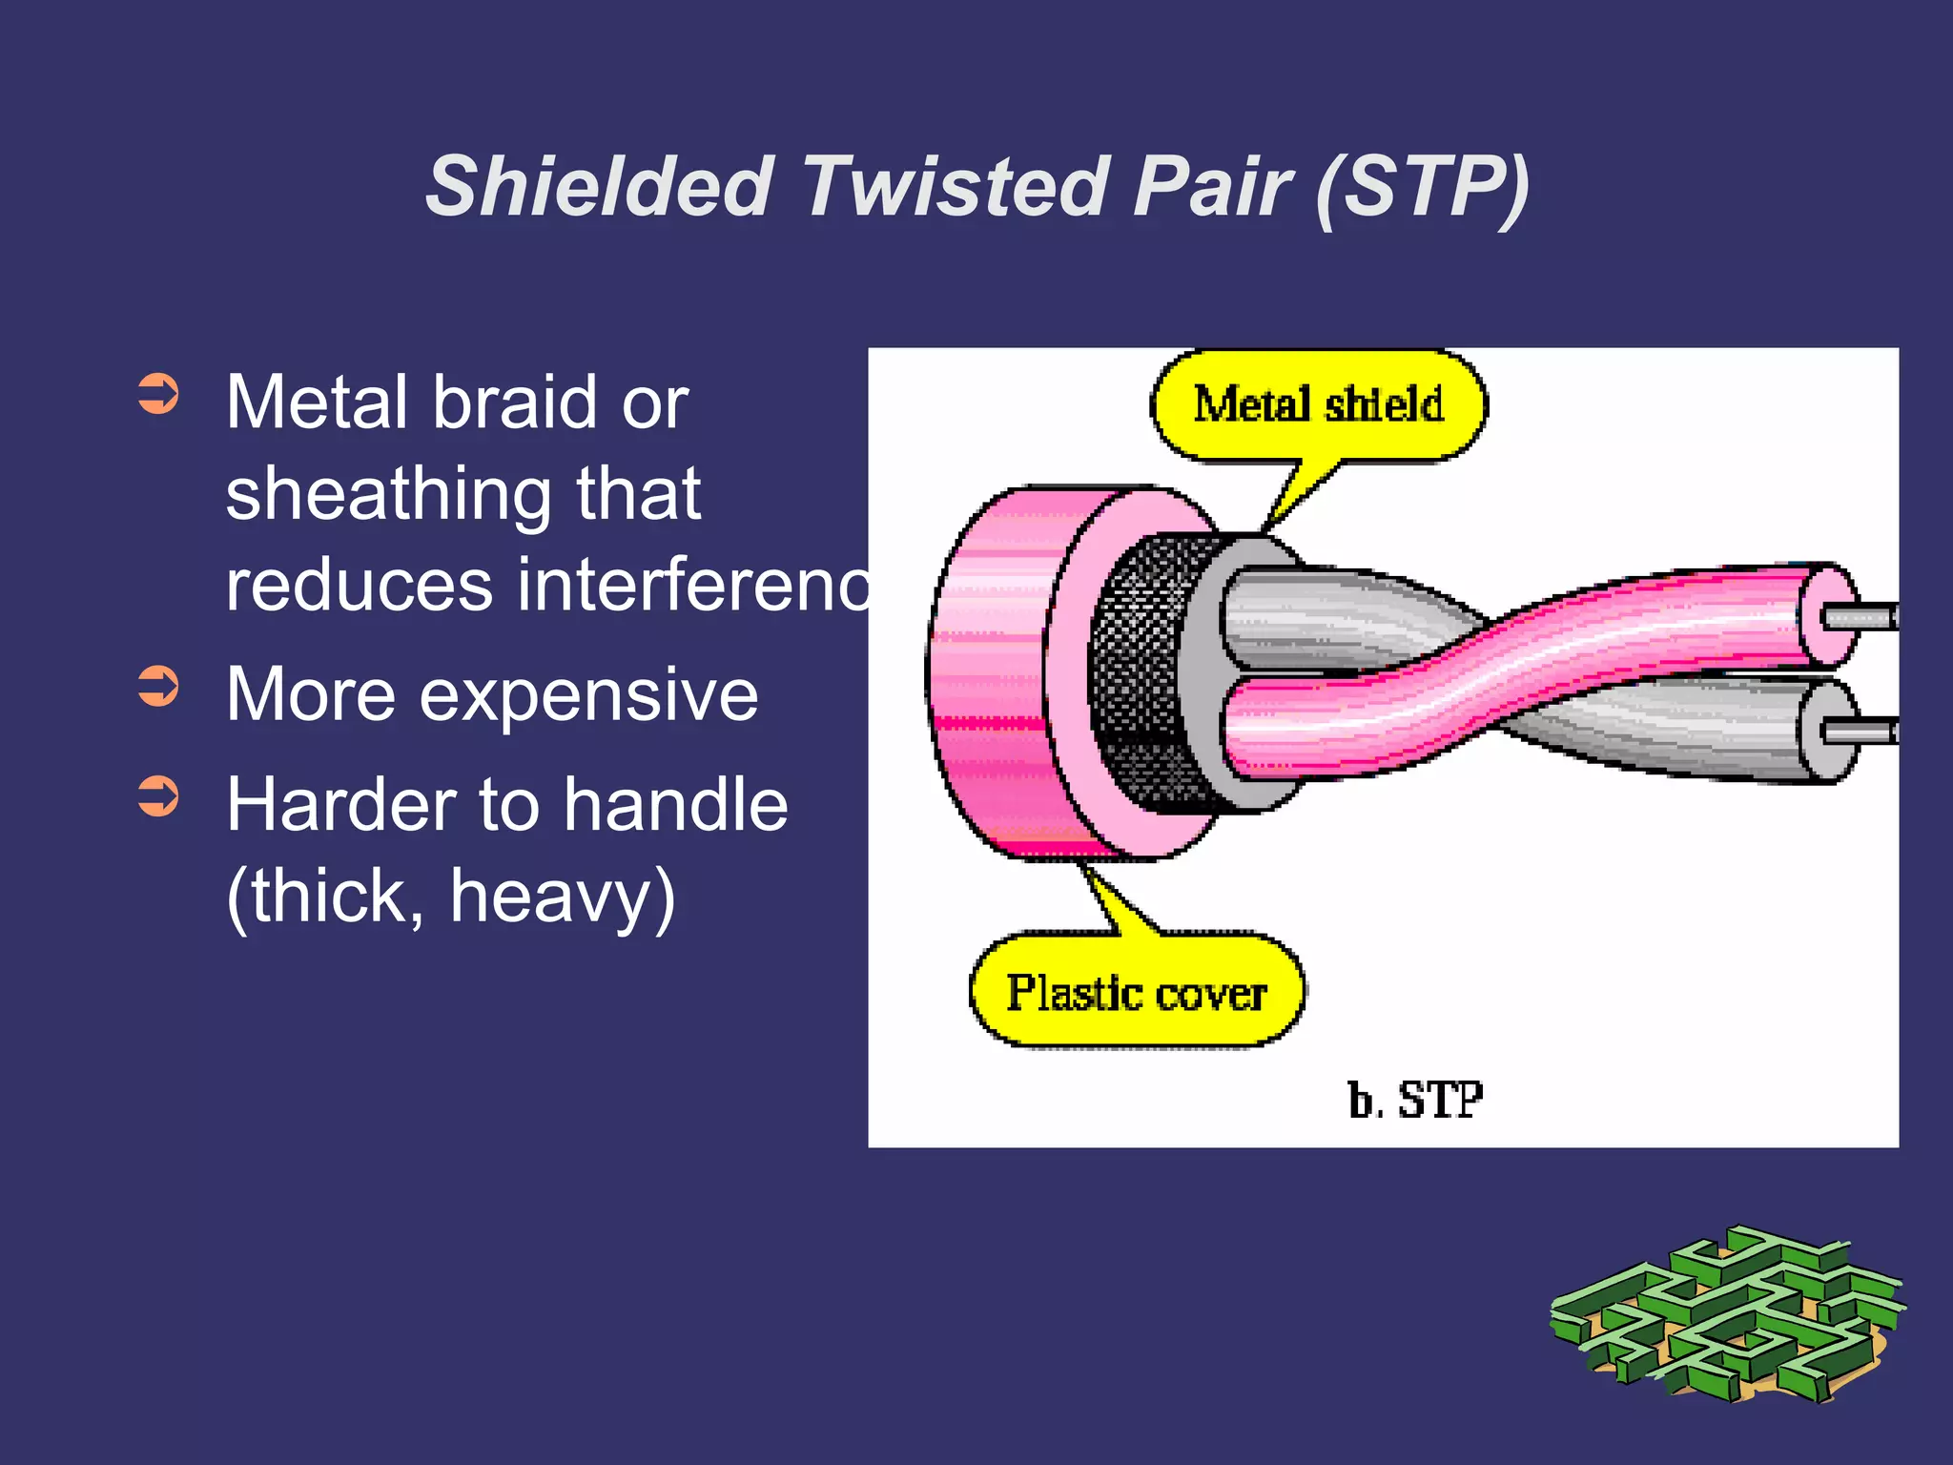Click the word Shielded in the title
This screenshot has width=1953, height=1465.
click(x=599, y=186)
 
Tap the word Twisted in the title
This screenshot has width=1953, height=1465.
click(x=954, y=186)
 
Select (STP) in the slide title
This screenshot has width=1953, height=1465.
click(x=1421, y=186)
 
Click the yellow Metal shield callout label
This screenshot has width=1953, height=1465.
click(x=1319, y=404)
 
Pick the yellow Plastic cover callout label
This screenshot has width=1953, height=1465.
click(x=1137, y=993)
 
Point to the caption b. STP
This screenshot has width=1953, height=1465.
click(x=1415, y=1100)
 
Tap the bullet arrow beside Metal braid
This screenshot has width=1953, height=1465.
click(x=158, y=394)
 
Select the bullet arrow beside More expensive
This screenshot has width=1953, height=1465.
click(x=158, y=686)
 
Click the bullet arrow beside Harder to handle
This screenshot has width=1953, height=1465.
click(x=158, y=796)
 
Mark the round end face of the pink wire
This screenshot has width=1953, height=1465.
click(x=1829, y=616)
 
